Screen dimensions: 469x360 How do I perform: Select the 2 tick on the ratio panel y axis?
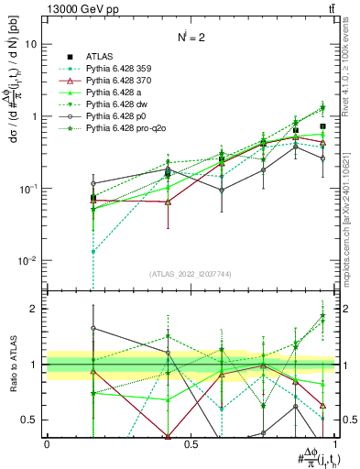34,309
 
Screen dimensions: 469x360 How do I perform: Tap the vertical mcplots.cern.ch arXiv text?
351,211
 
